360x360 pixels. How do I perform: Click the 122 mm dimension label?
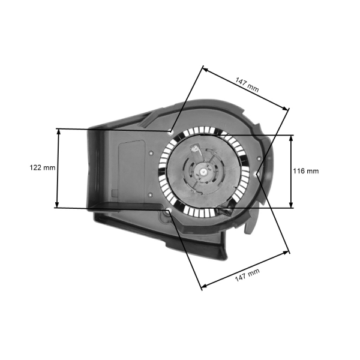pos(42,168)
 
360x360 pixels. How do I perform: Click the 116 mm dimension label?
pos(305,171)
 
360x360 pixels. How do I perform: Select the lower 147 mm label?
pos(247,275)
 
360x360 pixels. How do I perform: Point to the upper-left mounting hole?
pos(171,131)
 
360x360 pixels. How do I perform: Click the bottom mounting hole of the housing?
pos(168,211)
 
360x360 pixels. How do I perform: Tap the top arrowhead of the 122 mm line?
pos(58,131)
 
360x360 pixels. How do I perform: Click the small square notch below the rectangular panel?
pos(112,193)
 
